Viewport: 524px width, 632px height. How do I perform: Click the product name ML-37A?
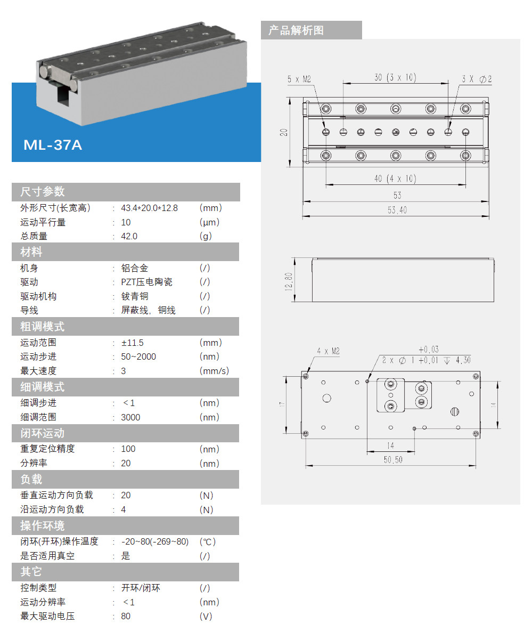[53, 145]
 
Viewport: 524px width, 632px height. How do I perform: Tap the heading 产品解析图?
[296, 30]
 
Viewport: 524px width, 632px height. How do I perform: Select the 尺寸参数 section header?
[43, 192]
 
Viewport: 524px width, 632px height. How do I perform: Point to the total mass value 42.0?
[129, 236]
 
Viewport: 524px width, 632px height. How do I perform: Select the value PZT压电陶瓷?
[147, 282]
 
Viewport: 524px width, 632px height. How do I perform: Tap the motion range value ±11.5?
[133, 343]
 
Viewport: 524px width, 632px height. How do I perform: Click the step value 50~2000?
[138, 356]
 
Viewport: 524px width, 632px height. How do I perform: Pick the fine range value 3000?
[130, 417]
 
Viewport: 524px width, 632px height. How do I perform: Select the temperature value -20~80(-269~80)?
[155, 542]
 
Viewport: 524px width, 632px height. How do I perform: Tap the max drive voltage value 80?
[126, 617]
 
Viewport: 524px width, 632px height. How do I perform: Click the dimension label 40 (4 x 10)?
[395, 179]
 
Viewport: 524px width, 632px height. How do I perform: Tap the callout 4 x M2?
[328, 351]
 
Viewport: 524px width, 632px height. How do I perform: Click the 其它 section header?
[31, 572]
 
